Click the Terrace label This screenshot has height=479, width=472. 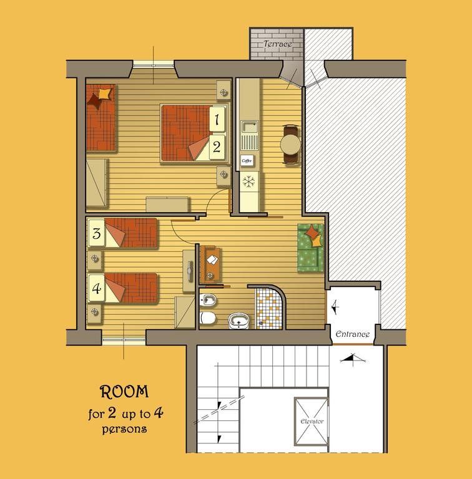click(x=278, y=44)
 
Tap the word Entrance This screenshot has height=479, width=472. click(x=353, y=334)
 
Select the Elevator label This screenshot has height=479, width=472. click(x=312, y=421)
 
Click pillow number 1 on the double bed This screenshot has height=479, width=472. click(x=217, y=119)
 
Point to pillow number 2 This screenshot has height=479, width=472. click(x=217, y=147)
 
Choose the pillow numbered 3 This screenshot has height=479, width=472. click(x=97, y=233)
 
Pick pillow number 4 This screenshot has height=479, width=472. click(x=97, y=288)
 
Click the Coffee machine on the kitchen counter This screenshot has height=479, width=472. click(x=247, y=160)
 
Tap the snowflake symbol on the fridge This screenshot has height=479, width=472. click(x=249, y=181)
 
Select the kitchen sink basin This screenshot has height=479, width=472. click(x=250, y=127)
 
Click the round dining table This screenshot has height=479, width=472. click(x=290, y=144)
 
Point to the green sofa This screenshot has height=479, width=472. click(x=310, y=248)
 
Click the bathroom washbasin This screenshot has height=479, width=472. click(x=238, y=321)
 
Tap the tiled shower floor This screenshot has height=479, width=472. click(x=268, y=309)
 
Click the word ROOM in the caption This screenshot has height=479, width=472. click(x=124, y=392)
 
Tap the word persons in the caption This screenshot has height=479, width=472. click(x=124, y=430)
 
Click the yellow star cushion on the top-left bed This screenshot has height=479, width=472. click(x=104, y=94)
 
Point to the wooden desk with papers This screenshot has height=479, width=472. click(x=210, y=264)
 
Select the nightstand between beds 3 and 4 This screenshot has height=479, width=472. click(x=95, y=259)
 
